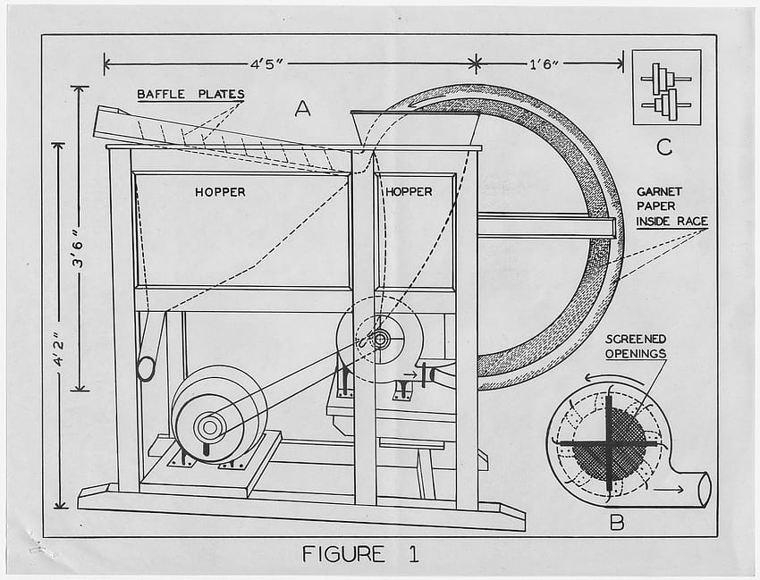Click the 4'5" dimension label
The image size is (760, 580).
266,64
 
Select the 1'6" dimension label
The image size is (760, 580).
545,64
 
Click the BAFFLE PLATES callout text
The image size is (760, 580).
190,94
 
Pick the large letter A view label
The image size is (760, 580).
302,109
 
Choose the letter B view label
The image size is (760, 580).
617,523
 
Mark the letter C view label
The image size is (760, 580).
664,147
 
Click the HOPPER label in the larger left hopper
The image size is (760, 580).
220,192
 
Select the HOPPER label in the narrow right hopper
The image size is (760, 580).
409,192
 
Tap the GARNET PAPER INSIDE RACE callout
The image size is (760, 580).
671,207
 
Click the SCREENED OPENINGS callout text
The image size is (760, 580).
636,347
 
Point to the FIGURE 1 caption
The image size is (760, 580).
360,554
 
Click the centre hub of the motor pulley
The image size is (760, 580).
209,427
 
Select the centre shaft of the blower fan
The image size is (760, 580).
381,340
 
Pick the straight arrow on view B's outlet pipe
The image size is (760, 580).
669,490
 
